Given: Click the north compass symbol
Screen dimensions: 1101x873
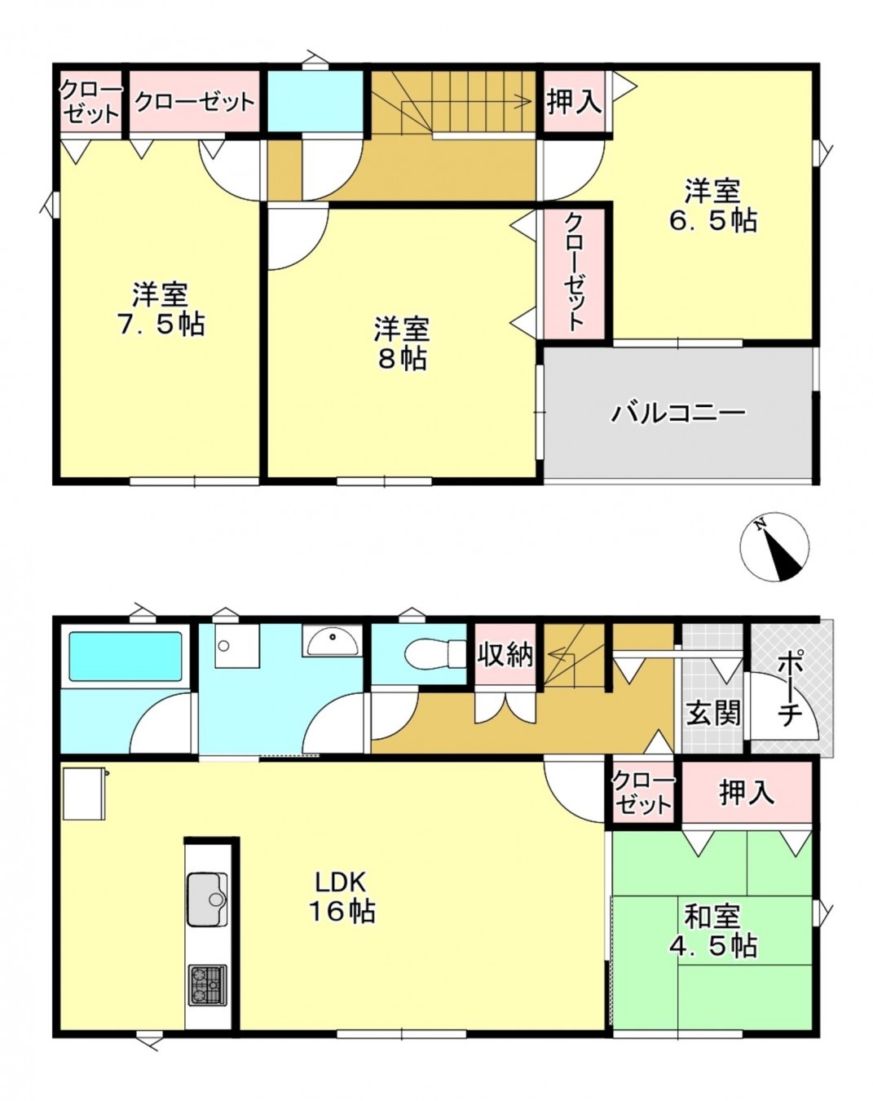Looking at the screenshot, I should (774, 547).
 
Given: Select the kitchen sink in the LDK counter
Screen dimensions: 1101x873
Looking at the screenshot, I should (207, 899).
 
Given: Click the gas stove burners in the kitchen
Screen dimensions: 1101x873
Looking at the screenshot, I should (208, 984).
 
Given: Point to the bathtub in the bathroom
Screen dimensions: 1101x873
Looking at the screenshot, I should (126, 656).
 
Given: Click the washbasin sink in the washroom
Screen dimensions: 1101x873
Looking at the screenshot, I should (331, 641).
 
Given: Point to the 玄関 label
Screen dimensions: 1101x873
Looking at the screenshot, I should (713, 713).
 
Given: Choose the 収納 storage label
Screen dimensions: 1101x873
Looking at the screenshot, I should (505, 654).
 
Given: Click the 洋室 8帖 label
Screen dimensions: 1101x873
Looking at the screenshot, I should (402, 343).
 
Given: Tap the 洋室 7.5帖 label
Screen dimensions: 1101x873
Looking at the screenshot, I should (161, 309).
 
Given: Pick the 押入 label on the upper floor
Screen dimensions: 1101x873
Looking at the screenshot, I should (575, 102).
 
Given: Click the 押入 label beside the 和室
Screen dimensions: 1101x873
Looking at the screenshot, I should (746, 792).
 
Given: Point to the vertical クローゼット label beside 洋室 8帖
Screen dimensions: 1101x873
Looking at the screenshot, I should (575, 272).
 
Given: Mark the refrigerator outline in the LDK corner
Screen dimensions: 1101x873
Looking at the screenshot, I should (84, 793).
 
